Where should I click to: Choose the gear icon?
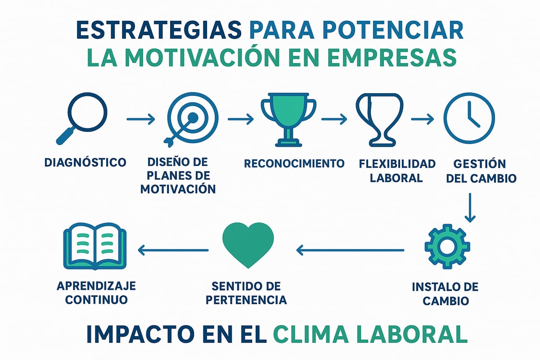coord(447,246)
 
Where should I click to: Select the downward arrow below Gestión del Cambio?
coord(470,207)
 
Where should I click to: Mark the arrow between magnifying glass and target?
coord(140,119)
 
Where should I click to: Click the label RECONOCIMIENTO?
coord(294,163)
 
